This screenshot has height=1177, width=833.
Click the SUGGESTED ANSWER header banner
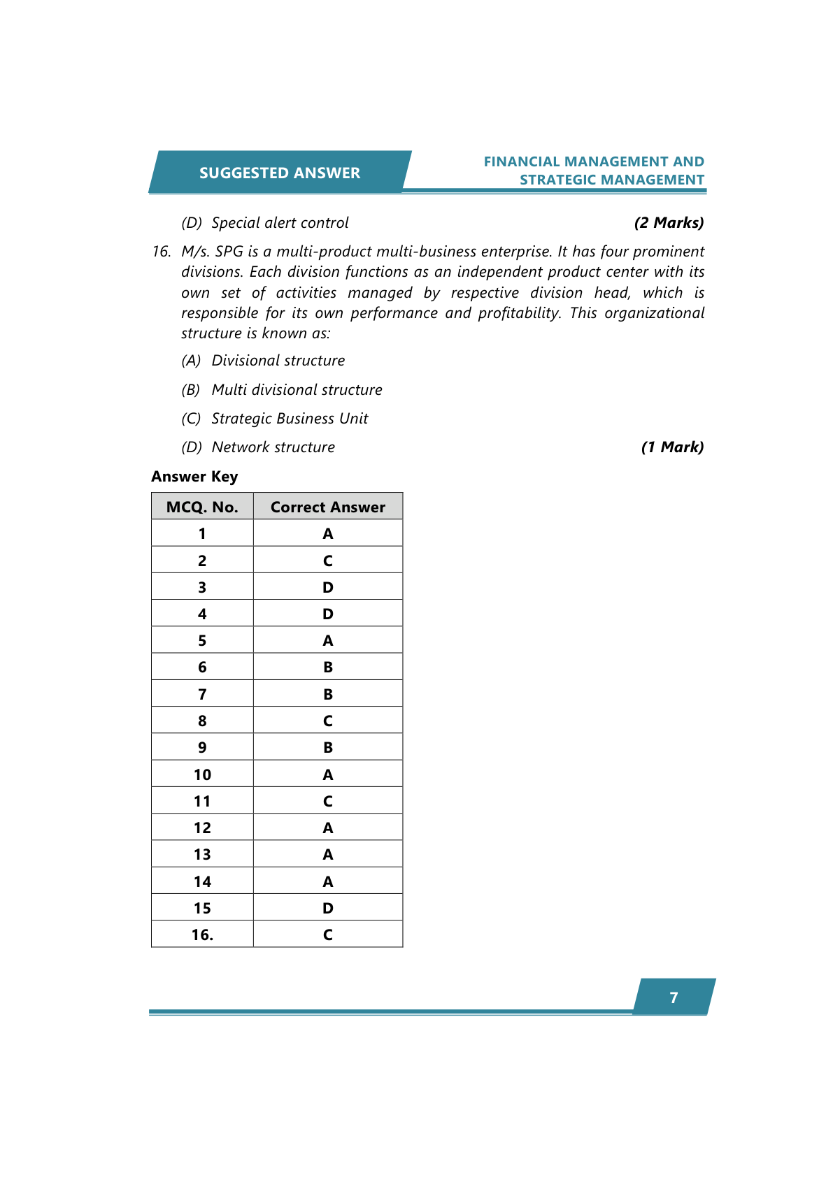click(x=279, y=173)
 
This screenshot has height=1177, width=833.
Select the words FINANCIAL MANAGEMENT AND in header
click(x=593, y=161)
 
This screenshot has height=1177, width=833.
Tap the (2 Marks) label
click(x=668, y=223)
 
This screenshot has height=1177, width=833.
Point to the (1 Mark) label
click(x=671, y=447)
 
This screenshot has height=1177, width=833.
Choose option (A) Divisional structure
click(x=263, y=361)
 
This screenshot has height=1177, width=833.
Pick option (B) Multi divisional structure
click(x=282, y=390)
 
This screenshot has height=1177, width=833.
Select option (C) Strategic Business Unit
click(x=275, y=419)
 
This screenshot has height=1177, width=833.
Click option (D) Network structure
click(x=258, y=447)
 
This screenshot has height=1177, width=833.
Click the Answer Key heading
click(x=194, y=477)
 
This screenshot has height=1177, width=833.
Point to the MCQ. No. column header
click(x=202, y=507)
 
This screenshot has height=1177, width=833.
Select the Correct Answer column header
click(x=327, y=507)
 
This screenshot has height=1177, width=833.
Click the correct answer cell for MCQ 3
click(x=327, y=587)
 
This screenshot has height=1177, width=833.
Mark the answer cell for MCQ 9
click(x=327, y=747)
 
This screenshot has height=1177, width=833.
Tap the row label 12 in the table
click(x=202, y=828)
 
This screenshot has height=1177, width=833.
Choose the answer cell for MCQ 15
click(x=327, y=908)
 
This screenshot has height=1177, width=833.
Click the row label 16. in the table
click(x=202, y=934)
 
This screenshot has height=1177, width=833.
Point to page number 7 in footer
click(x=674, y=997)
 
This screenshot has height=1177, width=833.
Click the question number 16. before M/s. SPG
click(x=162, y=252)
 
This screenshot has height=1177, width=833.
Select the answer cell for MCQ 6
click(x=327, y=667)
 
